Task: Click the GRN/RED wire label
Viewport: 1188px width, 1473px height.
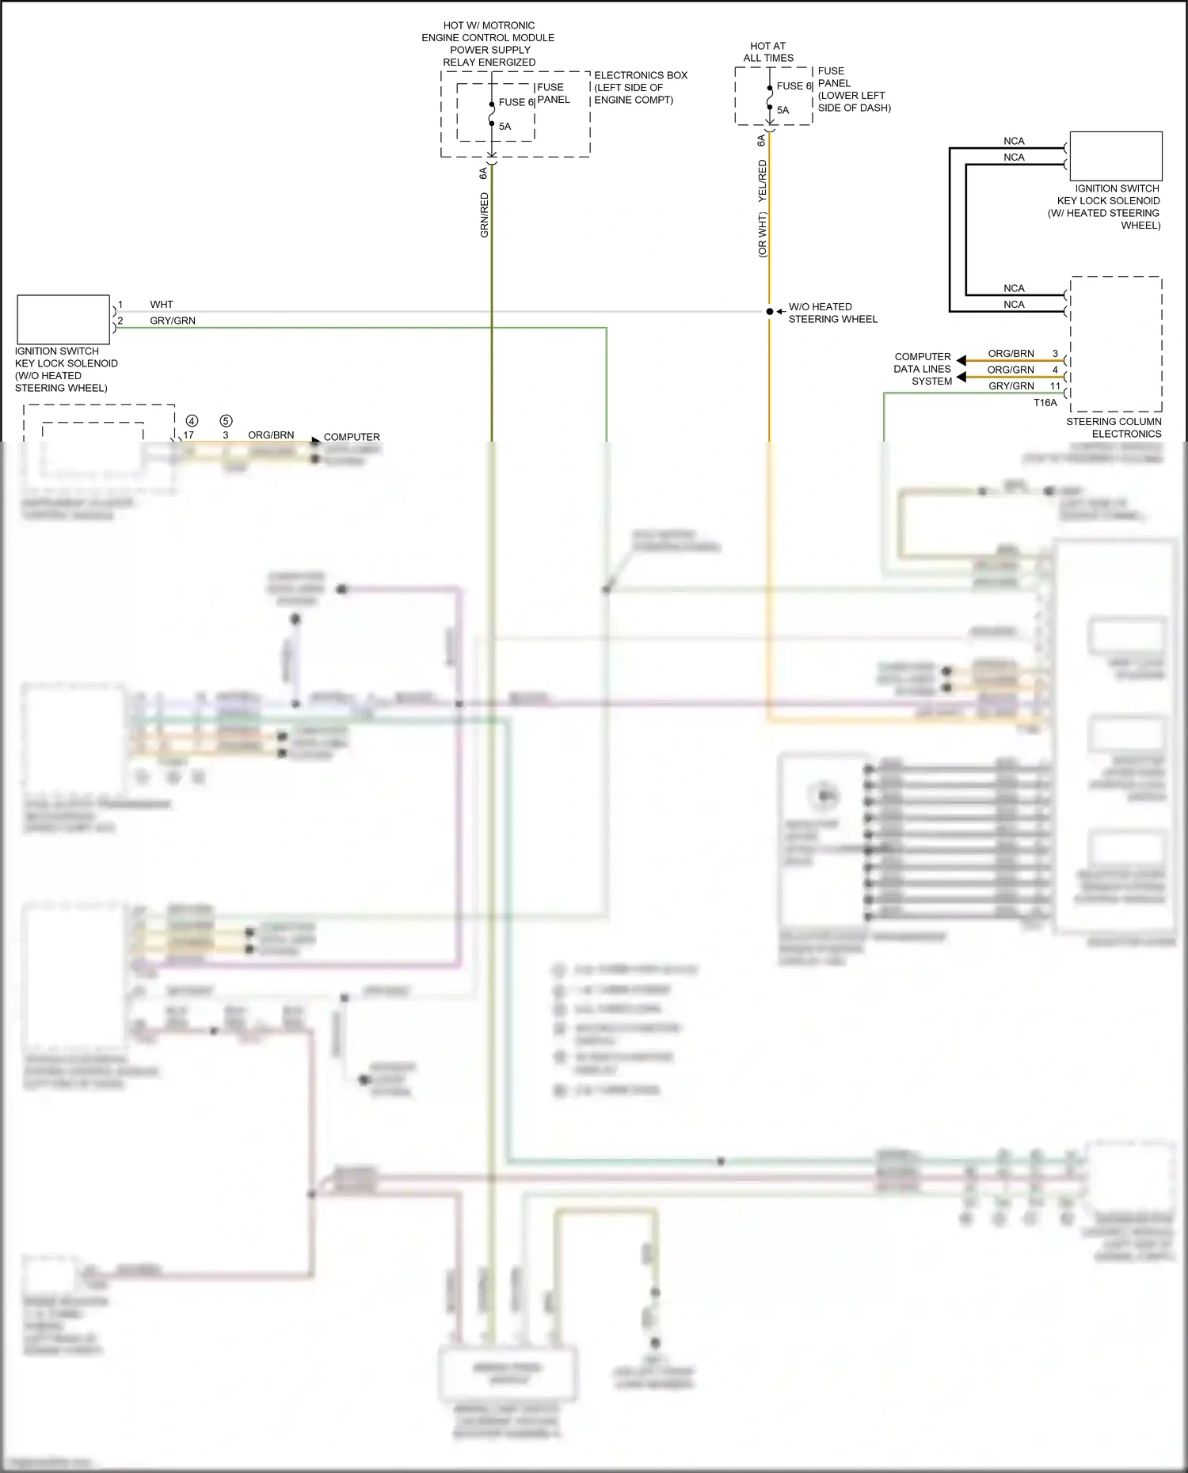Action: pyautogui.click(x=484, y=215)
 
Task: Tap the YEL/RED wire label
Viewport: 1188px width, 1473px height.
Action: pyautogui.click(x=763, y=180)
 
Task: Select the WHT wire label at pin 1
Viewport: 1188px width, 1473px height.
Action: pyautogui.click(x=162, y=305)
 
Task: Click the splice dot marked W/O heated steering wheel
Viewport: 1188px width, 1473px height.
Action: pyautogui.click(x=769, y=312)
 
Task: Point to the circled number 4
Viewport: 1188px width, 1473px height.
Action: pyautogui.click(x=192, y=421)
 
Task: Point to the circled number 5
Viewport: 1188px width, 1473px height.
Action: pyautogui.click(x=226, y=421)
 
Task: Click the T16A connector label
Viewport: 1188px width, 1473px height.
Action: pyautogui.click(x=1045, y=403)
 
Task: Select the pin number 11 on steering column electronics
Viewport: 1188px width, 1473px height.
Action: pyautogui.click(x=1055, y=386)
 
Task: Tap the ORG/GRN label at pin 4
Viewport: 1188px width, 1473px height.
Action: pyautogui.click(x=1011, y=370)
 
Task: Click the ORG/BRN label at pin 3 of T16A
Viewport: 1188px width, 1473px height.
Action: pyautogui.click(x=1011, y=354)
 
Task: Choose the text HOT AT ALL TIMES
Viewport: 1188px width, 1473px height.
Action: pyautogui.click(x=768, y=52)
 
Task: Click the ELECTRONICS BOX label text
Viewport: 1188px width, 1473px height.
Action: pyautogui.click(x=641, y=76)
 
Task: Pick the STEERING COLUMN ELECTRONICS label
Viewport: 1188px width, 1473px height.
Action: pyautogui.click(x=1114, y=427)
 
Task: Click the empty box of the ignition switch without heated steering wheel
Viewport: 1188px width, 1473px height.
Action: pyautogui.click(x=63, y=320)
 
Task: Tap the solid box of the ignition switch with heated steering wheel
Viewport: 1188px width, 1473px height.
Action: pyautogui.click(x=1116, y=157)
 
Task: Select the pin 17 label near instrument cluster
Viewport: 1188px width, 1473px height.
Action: pyautogui.click(x=188, y=435)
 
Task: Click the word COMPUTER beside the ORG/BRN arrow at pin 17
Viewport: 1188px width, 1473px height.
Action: pyautogui.click(x=352, y=437)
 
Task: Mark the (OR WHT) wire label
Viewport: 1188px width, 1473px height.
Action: pyautogui.click(x=763, y=234)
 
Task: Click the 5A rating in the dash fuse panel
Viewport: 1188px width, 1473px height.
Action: pyautogui.click(x=782, y=111)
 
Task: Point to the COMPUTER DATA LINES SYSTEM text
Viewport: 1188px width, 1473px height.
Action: pyautogui.click(x=923, y=369)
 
